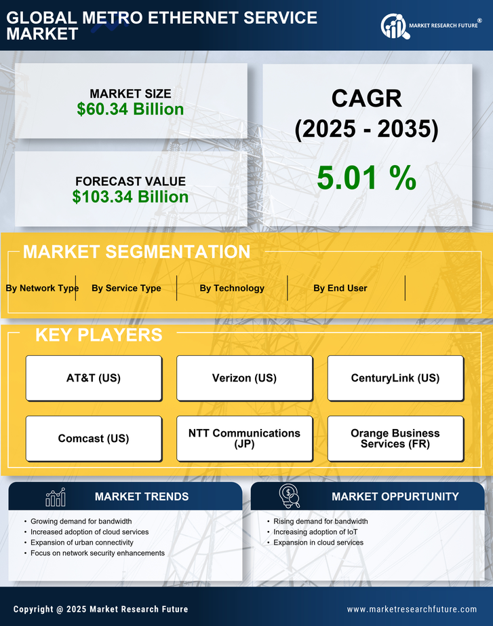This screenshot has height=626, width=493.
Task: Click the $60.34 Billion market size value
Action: coord(130,109)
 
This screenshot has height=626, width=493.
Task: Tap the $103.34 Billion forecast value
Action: coord(130,197)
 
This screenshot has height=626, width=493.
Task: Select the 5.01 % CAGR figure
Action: coord(366,178)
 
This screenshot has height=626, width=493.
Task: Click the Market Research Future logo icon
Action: coord(394,26)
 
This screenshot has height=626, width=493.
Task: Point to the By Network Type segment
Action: coord(42,288)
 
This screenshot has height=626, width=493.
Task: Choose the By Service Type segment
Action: coord(126,288)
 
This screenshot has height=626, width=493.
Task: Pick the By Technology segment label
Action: coord(232,288)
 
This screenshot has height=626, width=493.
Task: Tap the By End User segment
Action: coord(340,288)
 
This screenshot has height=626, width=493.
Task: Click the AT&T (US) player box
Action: coord(94,378)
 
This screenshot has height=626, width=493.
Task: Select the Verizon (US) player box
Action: coord(244,378)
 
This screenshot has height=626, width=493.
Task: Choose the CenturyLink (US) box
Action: coord(395,378)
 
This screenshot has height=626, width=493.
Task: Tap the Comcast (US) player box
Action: coord(94,439)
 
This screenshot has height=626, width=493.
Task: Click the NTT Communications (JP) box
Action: coord(244,439)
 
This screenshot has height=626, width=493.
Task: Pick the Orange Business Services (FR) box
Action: coord(395,439)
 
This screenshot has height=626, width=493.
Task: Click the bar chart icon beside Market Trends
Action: coord(55,498)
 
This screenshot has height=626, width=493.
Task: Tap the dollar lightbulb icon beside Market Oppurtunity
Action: coord(289,496)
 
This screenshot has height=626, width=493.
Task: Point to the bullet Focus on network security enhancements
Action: coord(98,553)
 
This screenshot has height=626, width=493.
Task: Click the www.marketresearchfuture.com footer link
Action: coord(412,609)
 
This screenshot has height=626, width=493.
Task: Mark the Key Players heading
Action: coord(98,335)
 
